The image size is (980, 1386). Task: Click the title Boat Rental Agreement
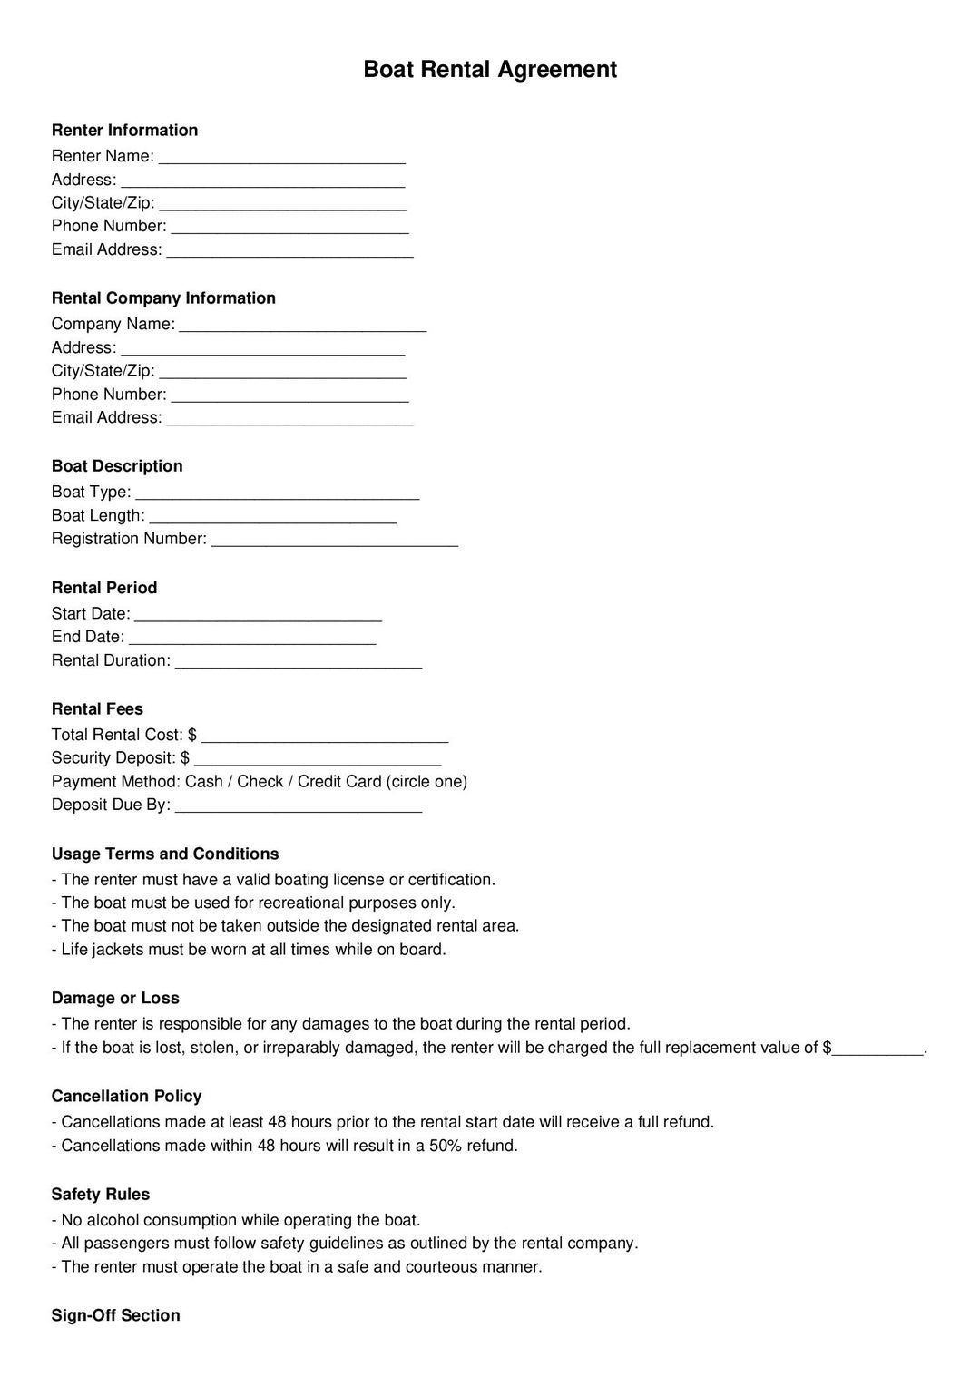click(x=490, y=70)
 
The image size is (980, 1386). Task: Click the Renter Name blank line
click(x=281, y=158)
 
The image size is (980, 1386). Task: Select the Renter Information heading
click(x=124, y=130)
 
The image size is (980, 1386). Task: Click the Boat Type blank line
click(x=277, y=493)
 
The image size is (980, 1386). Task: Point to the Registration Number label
click(x=129, y=539)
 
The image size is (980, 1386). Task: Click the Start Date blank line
click(x=258, y=615)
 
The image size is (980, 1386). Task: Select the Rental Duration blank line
click(x=298, y=662)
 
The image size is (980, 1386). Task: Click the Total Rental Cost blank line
click(x=324, y=737)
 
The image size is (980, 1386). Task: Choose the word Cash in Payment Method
click(x=204, y=782)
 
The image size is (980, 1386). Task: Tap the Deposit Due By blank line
click(x=298, y=806)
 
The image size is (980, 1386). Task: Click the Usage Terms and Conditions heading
click(x=165, y=854)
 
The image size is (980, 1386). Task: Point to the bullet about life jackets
click(x=249, y=950)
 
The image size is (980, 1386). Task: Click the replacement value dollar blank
click(x=877, y=1049)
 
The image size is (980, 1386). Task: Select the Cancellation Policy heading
click(x=126, y=1096)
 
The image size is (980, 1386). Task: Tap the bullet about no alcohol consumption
click(x=236, y=1220)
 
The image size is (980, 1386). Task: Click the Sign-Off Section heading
click(x=115, y=1315)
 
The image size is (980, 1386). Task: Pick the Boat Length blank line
click(x=272, y=517)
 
